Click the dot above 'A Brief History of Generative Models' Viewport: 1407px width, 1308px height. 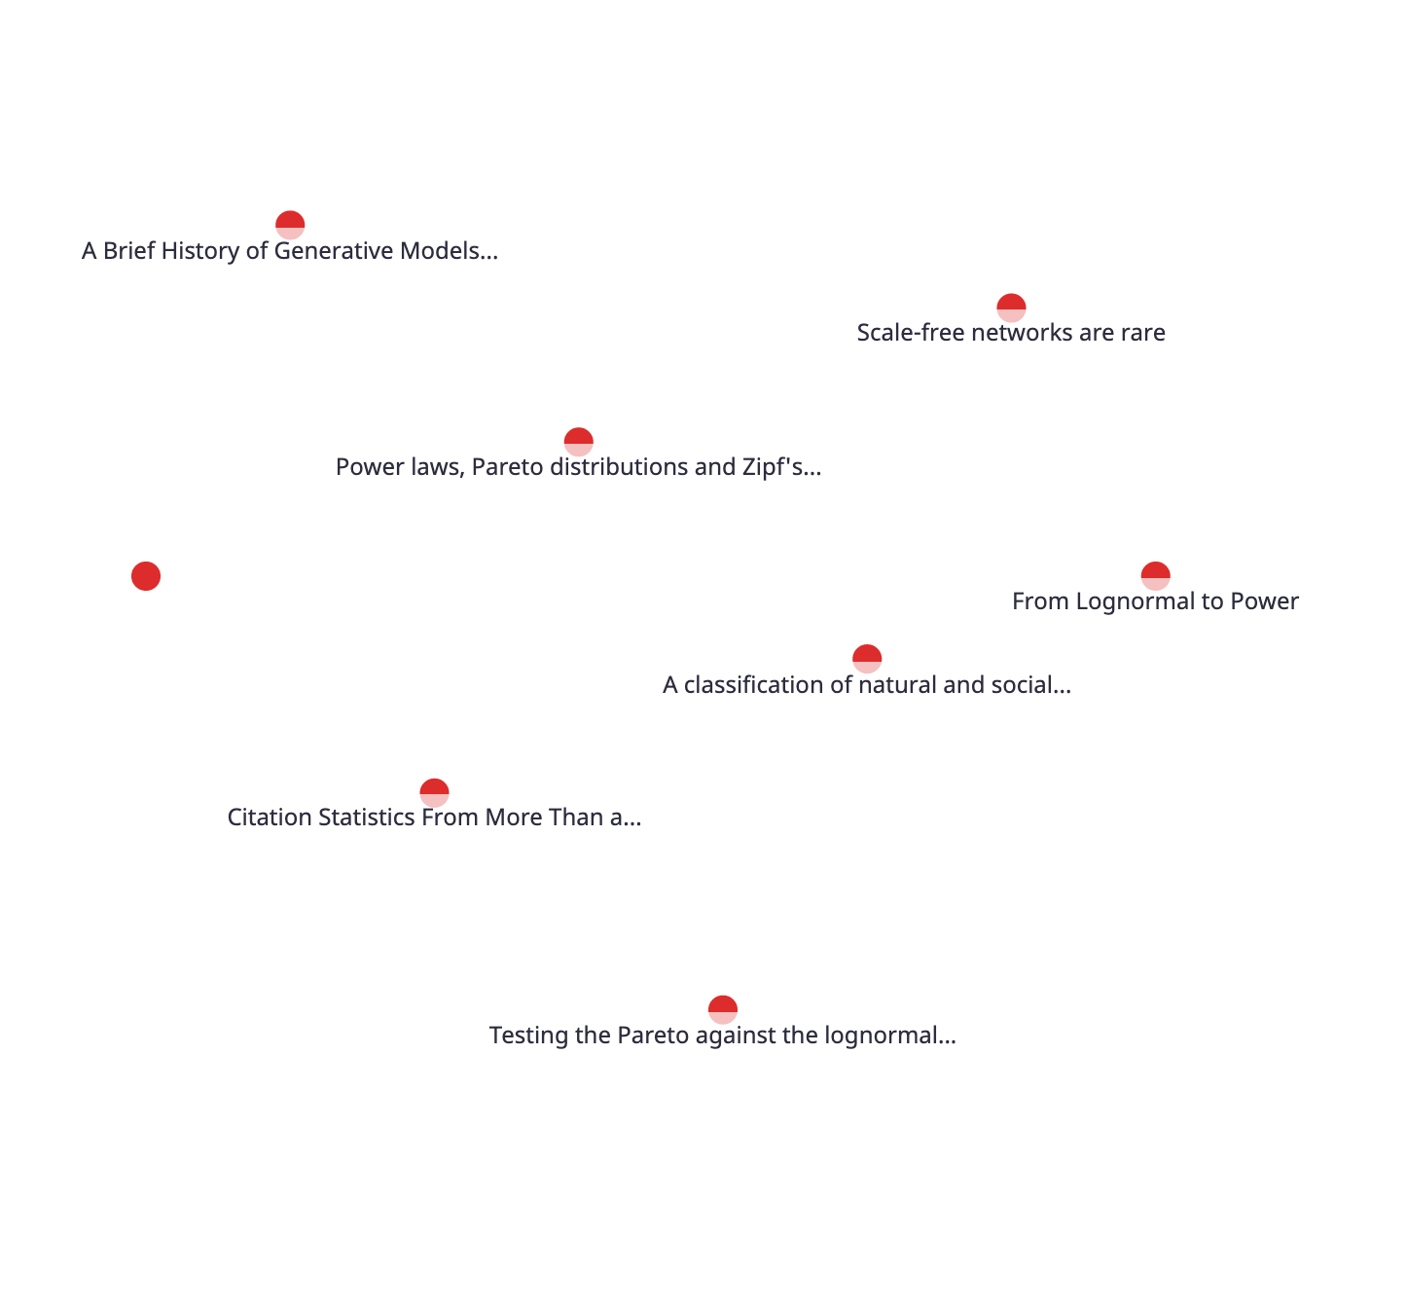[x=290, y=225]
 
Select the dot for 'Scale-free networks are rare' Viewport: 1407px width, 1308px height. [x=1011, y=307]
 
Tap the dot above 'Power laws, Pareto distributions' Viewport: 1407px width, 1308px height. [x=578, y=442]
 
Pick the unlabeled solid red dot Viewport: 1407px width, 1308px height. [x=146, y=576]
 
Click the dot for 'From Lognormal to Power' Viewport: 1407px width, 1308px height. [x=1156, y=576]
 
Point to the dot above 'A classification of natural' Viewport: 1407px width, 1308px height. [x=866, y=659]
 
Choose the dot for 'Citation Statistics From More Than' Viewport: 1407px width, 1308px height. [x=434, y=792]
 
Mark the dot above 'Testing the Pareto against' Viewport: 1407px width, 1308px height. [x=723, y=1009]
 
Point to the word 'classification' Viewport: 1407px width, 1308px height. [x=768, y=685]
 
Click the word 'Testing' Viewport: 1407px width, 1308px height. [x=529, y=1035]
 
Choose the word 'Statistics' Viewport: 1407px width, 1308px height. [x=366, y=817]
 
